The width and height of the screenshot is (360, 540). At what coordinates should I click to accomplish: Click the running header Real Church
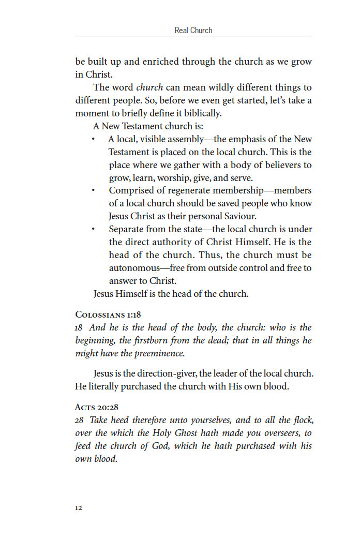(193, 30)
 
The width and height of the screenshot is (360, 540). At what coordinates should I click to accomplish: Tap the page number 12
(79, 507)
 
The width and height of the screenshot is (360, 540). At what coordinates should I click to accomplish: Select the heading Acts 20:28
(97, 407)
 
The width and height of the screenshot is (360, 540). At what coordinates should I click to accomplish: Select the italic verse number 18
(79, 327)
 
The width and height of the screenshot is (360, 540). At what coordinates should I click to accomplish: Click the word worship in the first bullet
(173, 178)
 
